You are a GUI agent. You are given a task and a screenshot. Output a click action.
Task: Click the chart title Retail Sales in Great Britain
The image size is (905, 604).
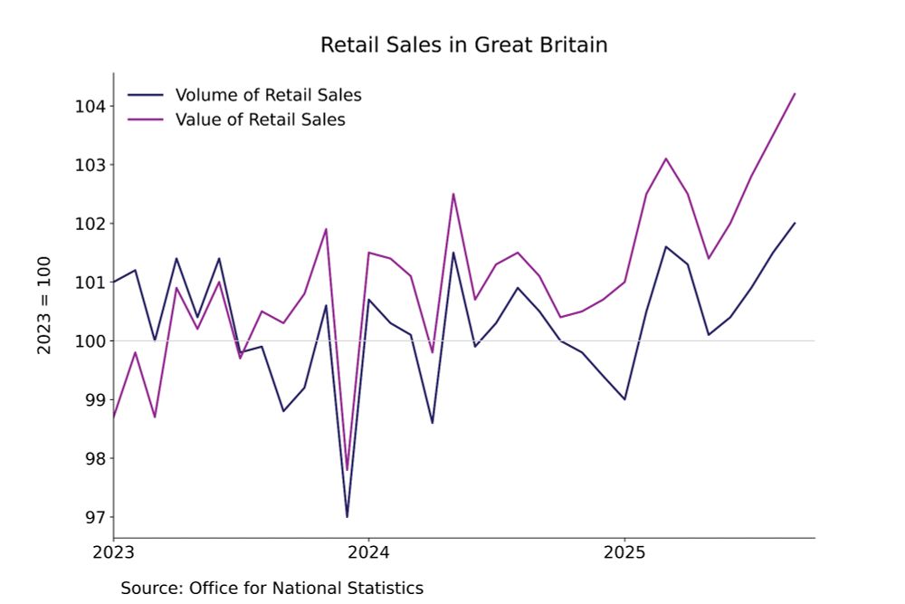pyautogui.click(x=463, y=44)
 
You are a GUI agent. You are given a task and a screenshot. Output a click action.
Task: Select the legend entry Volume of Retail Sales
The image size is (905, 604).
pyautogui.click(x=268, y=95)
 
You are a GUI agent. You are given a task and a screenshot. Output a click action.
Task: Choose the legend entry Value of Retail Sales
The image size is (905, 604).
pyautogui.click(x=260, y=119)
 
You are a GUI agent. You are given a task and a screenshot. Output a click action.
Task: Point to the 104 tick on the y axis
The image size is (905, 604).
pyautogui.click(x=91, y=107)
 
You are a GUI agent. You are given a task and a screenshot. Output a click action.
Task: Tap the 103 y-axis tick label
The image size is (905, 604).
pyautogui.click(x=91, y=166)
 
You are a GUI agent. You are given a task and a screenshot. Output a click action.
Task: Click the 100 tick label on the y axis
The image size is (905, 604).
pyautogui.click(x=91, y=341)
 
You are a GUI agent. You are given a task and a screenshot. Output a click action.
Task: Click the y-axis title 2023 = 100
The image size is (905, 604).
pyautogui.click(x=44, y=304)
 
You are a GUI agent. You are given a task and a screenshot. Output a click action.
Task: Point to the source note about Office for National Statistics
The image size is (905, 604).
pyautogui.click(x=271, y=588)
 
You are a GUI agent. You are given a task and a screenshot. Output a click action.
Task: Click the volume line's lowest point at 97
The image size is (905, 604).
pyautogui.click(x=347, y=516)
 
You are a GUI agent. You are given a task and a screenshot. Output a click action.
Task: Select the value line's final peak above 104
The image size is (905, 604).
pyautogui.click(x=795, y=93)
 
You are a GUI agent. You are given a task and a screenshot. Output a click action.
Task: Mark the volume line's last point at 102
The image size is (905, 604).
pyautogui.click(x=795, y=223)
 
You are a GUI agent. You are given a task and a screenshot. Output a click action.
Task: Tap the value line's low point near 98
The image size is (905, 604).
pyautogui.click(x=347, y=470)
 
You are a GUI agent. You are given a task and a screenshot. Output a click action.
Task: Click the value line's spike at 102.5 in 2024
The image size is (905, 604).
pyautogui.click(x=453, y=194)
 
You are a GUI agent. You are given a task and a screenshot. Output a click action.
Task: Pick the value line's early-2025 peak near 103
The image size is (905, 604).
pyautogui.click(x=666, y=158)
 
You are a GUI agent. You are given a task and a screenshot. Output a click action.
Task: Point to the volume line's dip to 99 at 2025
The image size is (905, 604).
pyautogui.click(x=624, y=399)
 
